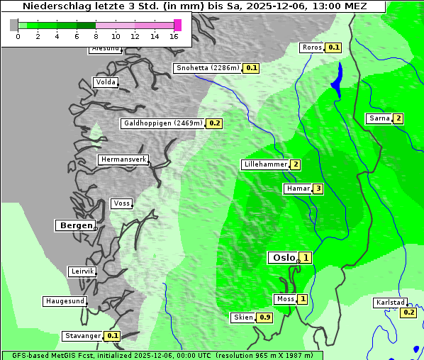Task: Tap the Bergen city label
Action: [x=74, y=225]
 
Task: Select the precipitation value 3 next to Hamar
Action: [x=318, y=189]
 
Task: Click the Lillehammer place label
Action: [x=265, y=164]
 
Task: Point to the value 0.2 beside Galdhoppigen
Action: [x=214, y=123]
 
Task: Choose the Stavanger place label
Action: [x=82, y=336]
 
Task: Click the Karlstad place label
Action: [x=391, y=303]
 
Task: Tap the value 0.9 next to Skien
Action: [x=265, y=317]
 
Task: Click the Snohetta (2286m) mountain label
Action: [x=208, y=68]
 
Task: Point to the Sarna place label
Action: [x=379, y=118]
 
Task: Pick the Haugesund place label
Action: [x=65, y=301]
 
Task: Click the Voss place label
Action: [x=121, y=203]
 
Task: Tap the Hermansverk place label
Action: [x=123, y=159]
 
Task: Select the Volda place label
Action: [x=105, y=82]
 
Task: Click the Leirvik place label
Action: [x=82, y=271]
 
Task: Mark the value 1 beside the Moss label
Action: [x=303, y=299]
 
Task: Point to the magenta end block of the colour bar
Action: [x=177, y=25]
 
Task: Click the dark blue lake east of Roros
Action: [x=337, y=79]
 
